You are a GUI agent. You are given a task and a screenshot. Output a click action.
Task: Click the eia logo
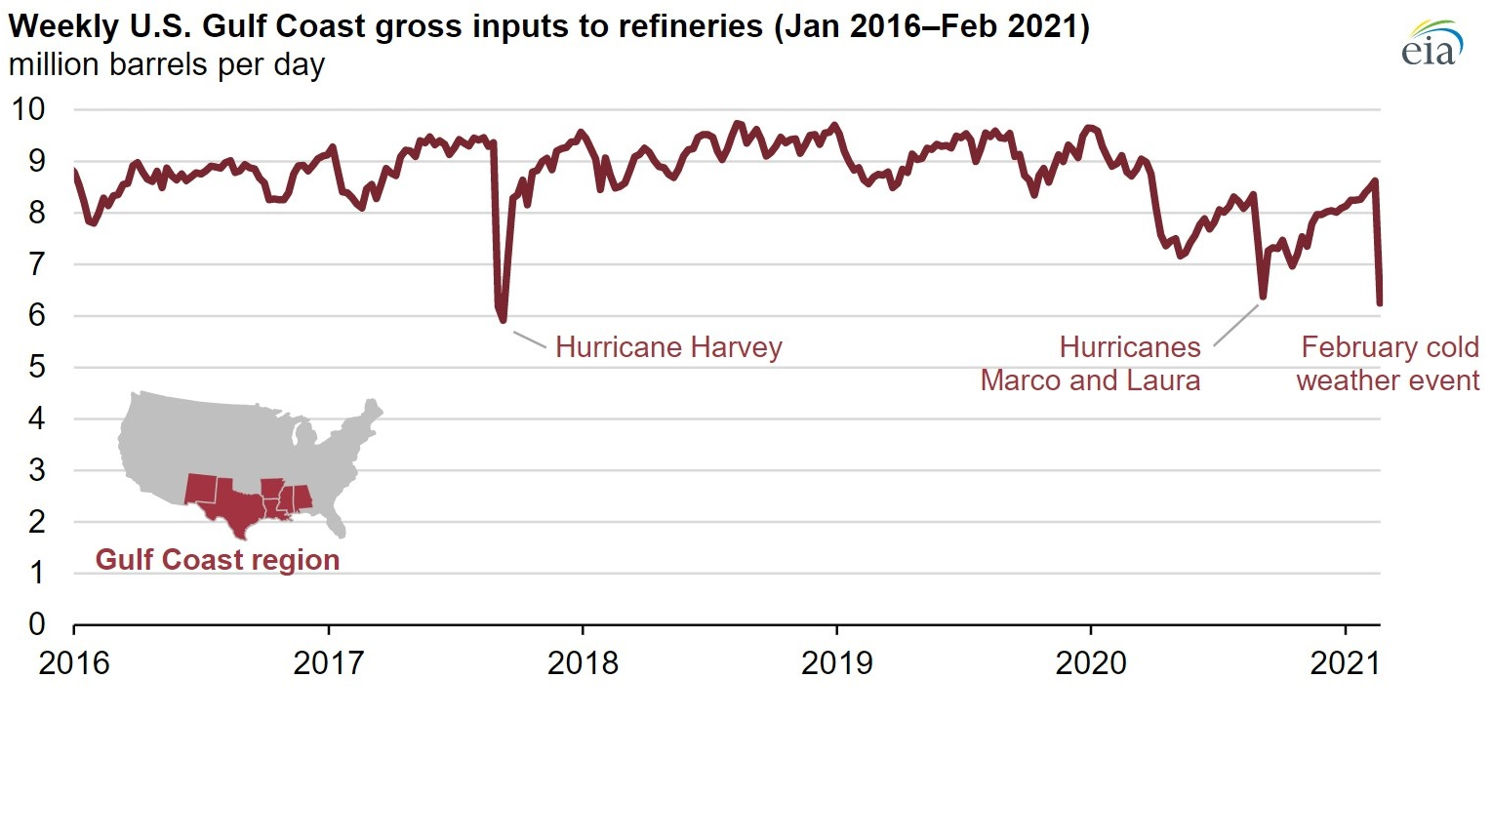point(1432,44)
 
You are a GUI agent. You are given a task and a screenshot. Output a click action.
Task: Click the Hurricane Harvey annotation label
point(668,347)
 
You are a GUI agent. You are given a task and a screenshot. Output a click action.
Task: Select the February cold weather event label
point(1388,364)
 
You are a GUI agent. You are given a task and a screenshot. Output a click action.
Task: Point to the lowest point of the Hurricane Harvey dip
point(503,319)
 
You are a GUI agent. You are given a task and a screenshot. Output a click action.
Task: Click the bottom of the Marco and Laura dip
point(1263,297)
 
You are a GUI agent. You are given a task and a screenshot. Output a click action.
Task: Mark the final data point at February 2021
point(1379,303)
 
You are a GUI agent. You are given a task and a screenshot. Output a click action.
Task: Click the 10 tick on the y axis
point(28,109)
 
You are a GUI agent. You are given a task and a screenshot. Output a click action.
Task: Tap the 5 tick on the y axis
point(36,367)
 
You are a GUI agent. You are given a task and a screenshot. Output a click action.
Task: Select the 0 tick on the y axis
point(36,624)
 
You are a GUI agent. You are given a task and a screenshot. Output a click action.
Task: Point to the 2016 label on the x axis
point(74,663)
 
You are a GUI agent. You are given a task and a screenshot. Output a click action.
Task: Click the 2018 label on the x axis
point(583,663)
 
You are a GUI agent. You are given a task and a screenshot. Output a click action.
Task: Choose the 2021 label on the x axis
point(1345,663)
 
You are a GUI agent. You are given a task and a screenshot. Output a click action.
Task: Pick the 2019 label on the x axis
point(836,663)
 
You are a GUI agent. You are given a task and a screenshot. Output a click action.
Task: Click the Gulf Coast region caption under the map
point(218,560)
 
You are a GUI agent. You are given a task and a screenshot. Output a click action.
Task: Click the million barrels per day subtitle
point(167,65)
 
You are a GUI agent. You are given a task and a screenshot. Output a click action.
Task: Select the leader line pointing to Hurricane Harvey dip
point(529,339)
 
